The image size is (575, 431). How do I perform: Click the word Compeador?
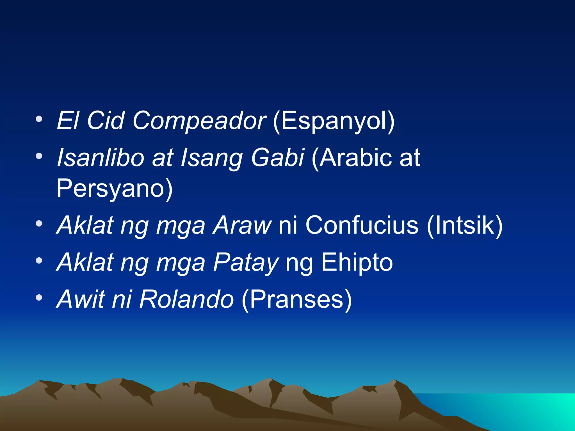199,121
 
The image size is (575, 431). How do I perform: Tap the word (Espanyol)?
334,121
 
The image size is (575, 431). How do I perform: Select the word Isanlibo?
101,158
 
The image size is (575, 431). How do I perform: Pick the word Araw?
242,225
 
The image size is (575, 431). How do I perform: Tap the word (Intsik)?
465,226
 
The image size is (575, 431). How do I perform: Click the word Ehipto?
357,263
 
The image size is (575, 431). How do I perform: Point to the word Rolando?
186,299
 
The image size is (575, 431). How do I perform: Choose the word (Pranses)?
296,300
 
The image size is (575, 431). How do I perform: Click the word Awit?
81,299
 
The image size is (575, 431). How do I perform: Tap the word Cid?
106,121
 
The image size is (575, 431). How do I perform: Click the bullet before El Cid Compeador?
39,119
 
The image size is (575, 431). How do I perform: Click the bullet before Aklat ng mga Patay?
39,261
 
